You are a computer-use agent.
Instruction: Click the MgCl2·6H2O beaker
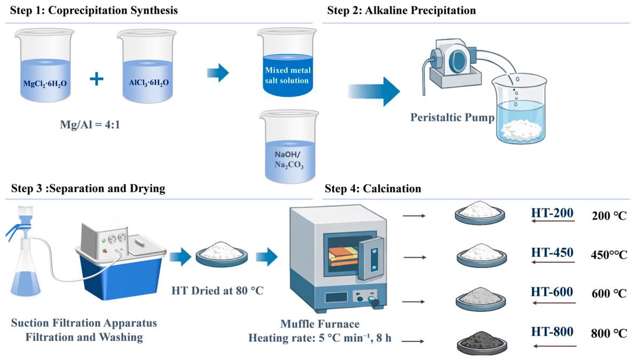click(x=45, y=65)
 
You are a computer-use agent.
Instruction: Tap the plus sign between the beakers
click(x=96, y=79)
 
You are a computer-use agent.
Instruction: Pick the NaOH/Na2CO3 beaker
click(x=289, y=146)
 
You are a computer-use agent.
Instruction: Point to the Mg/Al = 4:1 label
click(x=90, y=124)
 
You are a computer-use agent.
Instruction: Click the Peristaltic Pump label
click(x=452, y=118)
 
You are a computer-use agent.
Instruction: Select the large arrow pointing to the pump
click(x=374, y=91)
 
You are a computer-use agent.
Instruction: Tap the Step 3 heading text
click(x=88, y=189)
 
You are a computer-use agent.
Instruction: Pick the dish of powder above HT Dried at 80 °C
click(x=222, y=254)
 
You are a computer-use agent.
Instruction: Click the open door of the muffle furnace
click(x=371, y=259)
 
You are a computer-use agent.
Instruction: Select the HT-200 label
click(x=552, y=213)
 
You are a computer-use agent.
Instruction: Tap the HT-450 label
click(x=552, y=252)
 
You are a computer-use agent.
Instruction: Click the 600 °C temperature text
click(x=609, y=293)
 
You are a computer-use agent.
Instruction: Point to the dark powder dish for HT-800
click(x=482, y=342)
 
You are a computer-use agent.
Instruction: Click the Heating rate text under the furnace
click(x=320, y=338)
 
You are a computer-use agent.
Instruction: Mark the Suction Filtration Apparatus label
click(x=84, y=323)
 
